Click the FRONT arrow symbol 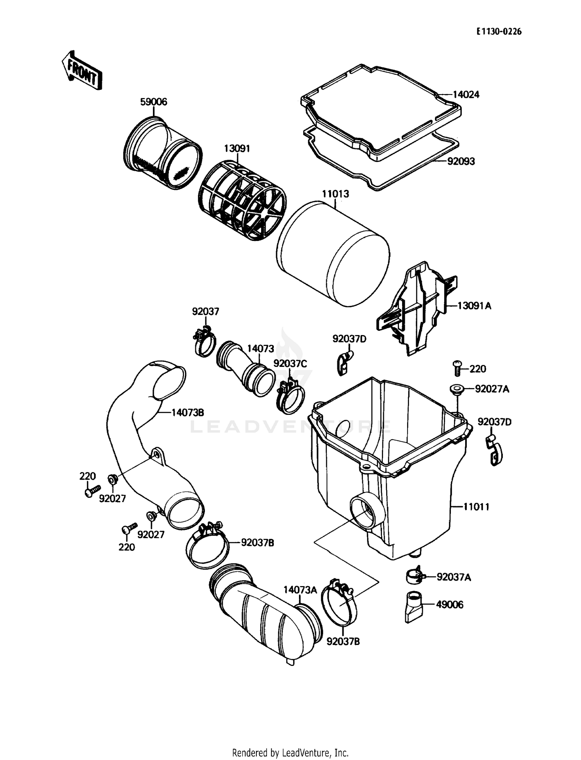(x=82, y=71)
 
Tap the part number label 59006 (x=153, y=102)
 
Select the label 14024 (x=466, y=95)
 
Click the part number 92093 (x=461, y=161)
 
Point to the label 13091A (x=474, y=306)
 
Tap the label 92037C (x=290, y=364)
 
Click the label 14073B (x=187, y=413)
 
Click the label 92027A (x=492, y=389)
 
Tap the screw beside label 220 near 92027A (x=457, y=368)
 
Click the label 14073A (x=300, y=590)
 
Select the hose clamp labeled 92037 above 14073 (x=204, y=340)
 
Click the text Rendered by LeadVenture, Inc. (x=290, y=753)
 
